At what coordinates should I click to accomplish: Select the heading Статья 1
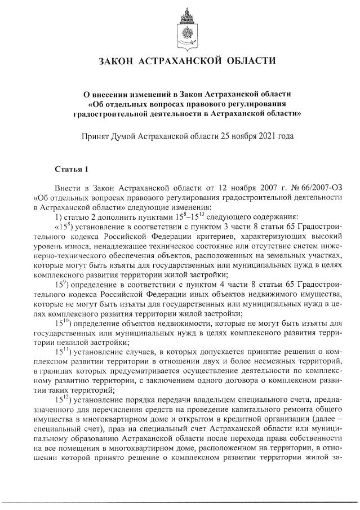point(72,168)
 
